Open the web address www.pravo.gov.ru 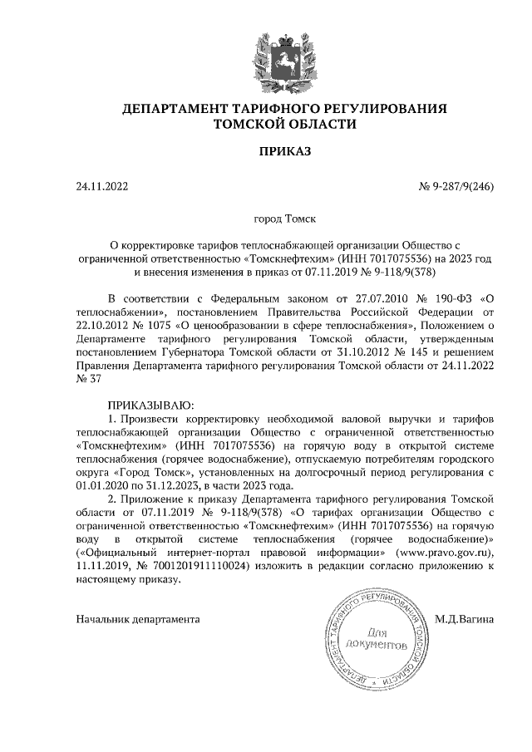pos(441,551)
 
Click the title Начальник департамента pos(137,619)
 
